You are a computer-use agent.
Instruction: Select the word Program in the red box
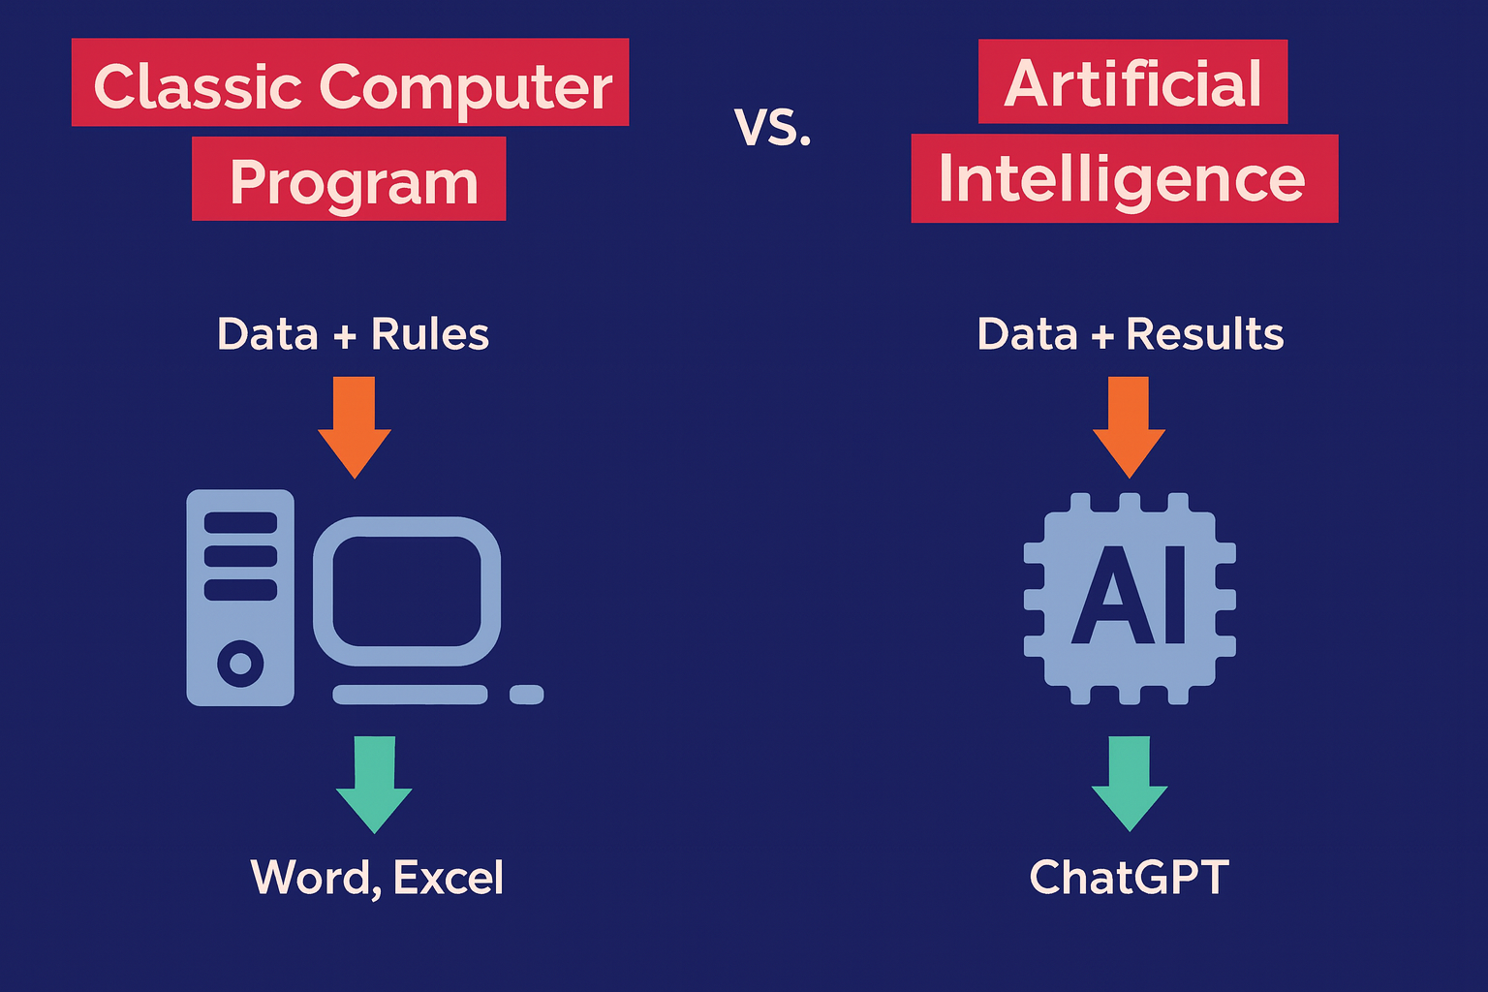pyautogui.click(x=354, y=182)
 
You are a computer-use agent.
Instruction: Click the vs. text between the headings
pyautogui.click(x=772, y=127)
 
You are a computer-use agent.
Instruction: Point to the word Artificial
pyautogui.click(x=1132, y=83)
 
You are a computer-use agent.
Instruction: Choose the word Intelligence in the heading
pyautogui.click(x=1122, y=180)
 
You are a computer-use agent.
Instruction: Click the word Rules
pyautogui.click(x=429, y=334)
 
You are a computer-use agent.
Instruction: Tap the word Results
pyautogui.click(x=1204, y=334)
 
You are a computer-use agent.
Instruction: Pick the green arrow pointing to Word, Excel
pyautogui.click(x=374, y=783)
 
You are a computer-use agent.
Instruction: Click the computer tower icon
pyautogui.click(x=240, y=597)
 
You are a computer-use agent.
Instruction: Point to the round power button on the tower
pyautogui.click(x=240, y=664)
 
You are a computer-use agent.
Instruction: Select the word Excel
pyautogui.click(x=448, y=878)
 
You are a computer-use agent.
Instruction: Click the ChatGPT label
pyautogui.click(x=1129, y=878)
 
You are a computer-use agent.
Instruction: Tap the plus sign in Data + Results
pyautogui.click(x=1101, y=335)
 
